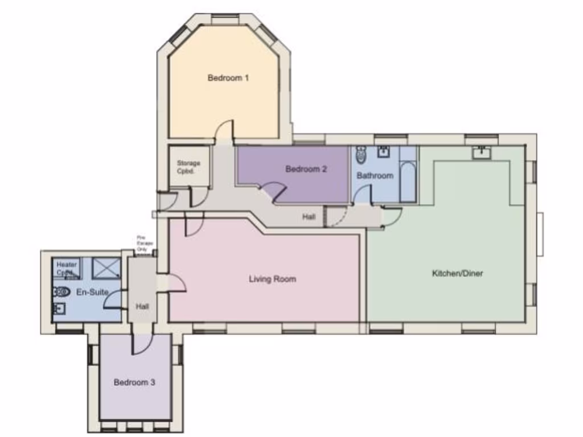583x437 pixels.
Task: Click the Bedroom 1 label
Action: click(228, 78)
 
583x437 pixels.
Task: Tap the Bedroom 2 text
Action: click(306, 169)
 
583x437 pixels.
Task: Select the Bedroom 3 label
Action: click(134, 382)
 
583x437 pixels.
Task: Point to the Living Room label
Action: click(272, 279)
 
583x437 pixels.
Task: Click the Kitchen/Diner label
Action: click(457, 273)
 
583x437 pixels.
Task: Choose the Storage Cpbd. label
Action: click(188, 167)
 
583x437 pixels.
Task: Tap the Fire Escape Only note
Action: click(142, 243)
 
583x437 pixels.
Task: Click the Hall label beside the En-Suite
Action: click(142, 306)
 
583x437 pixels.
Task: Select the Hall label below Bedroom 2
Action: click(309, 217)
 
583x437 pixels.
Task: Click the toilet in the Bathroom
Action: click(362, 154)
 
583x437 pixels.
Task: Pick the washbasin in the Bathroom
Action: click(384, 151)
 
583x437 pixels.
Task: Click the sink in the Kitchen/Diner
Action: click(482, 152)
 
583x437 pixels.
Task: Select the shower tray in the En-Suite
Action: click(106, 267)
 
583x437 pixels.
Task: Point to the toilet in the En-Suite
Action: click(61, 292)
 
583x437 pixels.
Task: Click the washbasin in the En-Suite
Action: click(59, 309)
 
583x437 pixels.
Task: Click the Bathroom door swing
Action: click(362, 195)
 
